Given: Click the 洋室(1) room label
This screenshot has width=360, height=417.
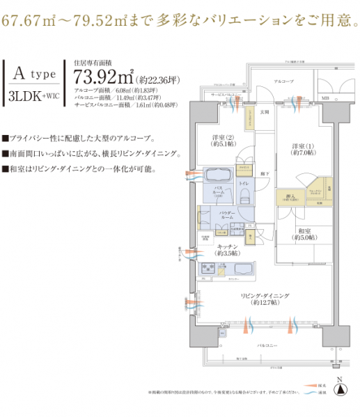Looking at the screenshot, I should pyautogui.click(x=302, y=148).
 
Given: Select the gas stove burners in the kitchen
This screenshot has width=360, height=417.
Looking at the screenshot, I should pyautogui.click(x=208, y=268).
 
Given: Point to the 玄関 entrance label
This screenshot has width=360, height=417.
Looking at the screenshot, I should pyautogui.click(x=265, y=112).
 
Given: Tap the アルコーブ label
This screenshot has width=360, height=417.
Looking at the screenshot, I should pyautogui.click(x=283, y=81).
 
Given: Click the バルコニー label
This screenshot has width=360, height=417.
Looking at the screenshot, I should pyautogui.click(x=267, y=345).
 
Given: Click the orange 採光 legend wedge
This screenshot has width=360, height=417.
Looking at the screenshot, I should pyautogui.click(x=307, y=385).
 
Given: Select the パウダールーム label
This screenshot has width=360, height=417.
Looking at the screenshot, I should pyautogui.click(x=226, y=217).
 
